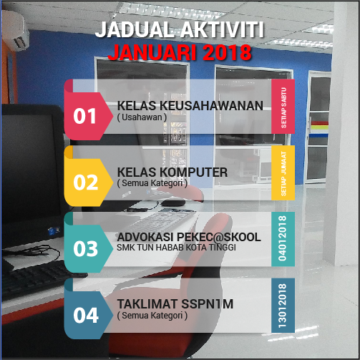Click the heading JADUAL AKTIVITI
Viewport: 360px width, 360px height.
pyautogui.click(x=180, y=30)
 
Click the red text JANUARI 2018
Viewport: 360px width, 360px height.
pyautogui.click(x=180, y=52)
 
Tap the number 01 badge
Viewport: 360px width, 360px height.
pyautogui.click(x=86, y=115)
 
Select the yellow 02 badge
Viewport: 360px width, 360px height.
pyautogui.click(x=86, y=182)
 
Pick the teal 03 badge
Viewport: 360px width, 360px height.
pyautogui.click(x=86, y=248)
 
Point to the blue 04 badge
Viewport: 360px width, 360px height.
pyautogui.click(x=86, y=315)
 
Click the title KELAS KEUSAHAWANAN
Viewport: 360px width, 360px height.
pyautogui.click(x=190, y=105)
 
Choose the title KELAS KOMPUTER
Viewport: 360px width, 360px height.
pyautogui.click(x=172, y=172)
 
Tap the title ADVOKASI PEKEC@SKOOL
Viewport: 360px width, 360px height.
pyautogui.click(x=188, y=237)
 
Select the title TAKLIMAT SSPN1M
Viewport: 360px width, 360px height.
pyautogui.click(x=175, y=304)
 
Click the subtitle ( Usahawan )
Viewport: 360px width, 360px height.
pyautogui.click(x=142, y=117)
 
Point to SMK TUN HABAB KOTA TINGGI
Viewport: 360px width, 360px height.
pyautogui.click(x=177, y=248)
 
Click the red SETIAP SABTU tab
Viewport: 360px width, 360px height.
pyautogui.click(x=283, y=106)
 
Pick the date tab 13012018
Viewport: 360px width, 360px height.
pyautogui.click(x=283, y=306)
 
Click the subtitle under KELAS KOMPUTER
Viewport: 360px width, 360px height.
pyautogui.click(x=152, y=183)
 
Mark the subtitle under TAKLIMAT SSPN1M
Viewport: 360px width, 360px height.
pyautogui.click(x=152, y=316)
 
